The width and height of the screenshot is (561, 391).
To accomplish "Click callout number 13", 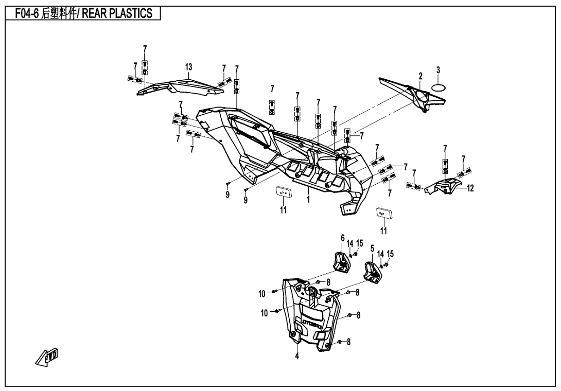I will [188, 67].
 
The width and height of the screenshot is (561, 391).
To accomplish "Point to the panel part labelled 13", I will [180, 86].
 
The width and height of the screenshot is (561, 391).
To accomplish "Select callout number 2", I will [420, 76].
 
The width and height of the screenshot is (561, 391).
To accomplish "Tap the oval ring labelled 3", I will [438, 88].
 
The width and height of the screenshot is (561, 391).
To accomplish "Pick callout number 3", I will [438, 70].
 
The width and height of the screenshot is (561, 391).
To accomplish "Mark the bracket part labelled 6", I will [340, 261].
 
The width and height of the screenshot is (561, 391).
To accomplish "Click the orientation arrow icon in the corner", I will [50, 357].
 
